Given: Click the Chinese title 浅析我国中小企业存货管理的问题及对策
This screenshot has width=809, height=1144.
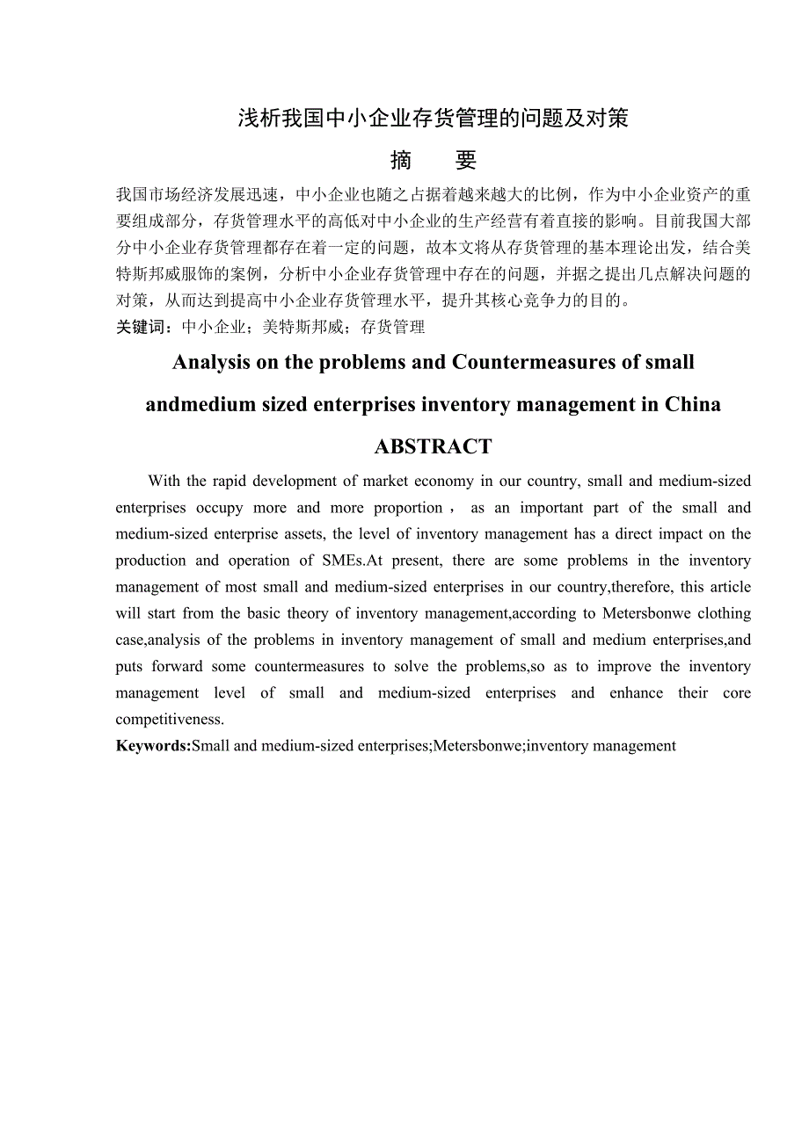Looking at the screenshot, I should tap(433, 119).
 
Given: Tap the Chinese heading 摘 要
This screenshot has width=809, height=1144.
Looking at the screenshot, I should tap(433, 160).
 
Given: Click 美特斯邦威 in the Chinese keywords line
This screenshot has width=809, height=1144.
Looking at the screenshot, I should tap(295, 327).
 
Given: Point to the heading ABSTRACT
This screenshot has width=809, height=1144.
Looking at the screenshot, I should tap(433, 447).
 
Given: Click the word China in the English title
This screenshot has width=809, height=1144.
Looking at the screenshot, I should tap(693, 405).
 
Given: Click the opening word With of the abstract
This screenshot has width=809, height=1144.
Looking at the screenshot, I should tap(164, 481).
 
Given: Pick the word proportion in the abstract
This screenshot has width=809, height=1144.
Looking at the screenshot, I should tap(409, 508).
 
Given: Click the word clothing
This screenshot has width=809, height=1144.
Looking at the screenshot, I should tap(723, 613).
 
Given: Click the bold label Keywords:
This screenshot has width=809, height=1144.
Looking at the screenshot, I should tap(153, 746).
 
